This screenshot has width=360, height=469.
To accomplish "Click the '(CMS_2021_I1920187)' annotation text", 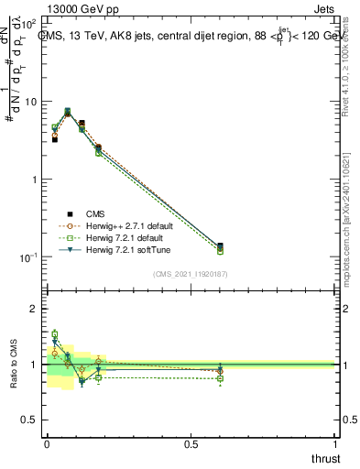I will [191, 273].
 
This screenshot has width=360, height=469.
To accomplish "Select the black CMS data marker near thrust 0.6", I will [220, 246].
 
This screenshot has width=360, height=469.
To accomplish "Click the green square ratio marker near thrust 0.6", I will [220, 378].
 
